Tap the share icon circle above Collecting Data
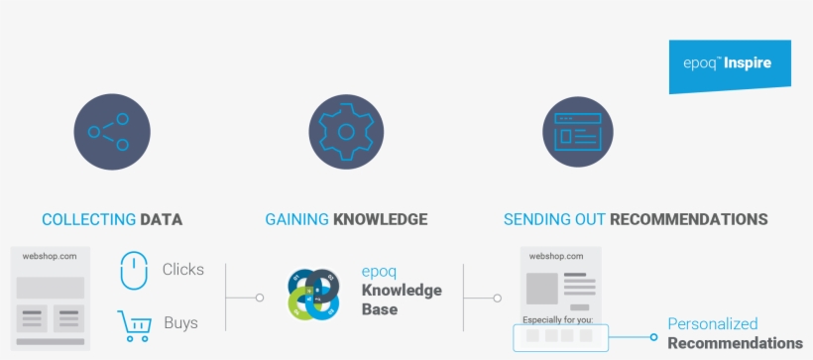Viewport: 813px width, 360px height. pyautogui.click(x=112, y=131)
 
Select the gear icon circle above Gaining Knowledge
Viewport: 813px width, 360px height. pyautogui.click(x=346, y=131)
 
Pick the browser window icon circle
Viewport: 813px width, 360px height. pyautogui.click(x=580, y=131)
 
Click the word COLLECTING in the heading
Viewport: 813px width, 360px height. pyautogui.click(x=88, y=219)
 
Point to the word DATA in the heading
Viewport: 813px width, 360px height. pyautogui.click(x=162, y=219)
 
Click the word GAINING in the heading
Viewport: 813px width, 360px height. pyautogui.click(x=296, y=219)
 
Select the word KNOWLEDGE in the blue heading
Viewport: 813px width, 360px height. pyautogui.click(x=380, y=219)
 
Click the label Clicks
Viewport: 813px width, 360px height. pyautogui.click(x=183, y=269)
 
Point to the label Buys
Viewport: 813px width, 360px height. pyautogui.click(x=180, y=323)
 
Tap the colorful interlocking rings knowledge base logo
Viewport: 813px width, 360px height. pyautogui.click(x=313, y=295)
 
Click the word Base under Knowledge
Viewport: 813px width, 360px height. pyautogui.click(x=380, y=309)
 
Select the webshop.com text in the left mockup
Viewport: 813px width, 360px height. pyautogui.click(x=51, y=256)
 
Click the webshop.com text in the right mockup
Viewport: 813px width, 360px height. pyautogui.click(x=556, y=256)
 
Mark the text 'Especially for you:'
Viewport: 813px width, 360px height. pyautogui.click(x=558, y=319)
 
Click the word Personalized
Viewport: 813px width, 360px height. pyautogui.click(x=712, y=324)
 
